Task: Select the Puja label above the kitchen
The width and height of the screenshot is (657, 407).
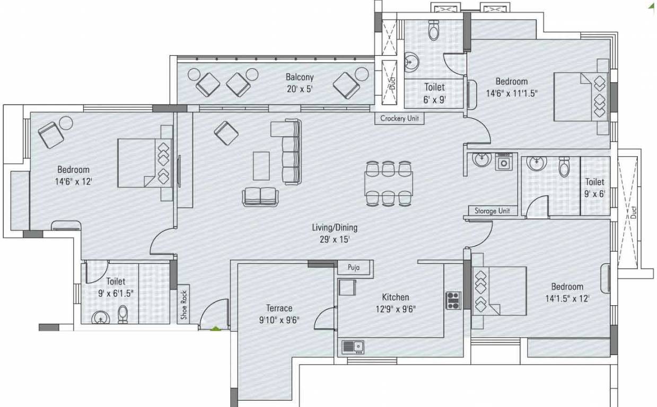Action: pyautogui.click(x=354, y=268)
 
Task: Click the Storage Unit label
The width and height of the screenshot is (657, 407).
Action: pyautogui.click(x=492, y=210)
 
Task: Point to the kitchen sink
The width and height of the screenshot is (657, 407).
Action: pyautogui.click(x=353, y=347)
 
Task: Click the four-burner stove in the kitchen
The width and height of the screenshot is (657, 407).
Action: pyautogui.click(x=453, y=300)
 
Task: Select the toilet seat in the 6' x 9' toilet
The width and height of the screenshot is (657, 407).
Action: pyautogui.click(x=434, y=32)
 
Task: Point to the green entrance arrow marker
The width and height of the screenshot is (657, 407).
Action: pyautogui.click(x=215, y=329)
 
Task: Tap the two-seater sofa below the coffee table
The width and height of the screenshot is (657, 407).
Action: pyautogui.click(x=259, y=197)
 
